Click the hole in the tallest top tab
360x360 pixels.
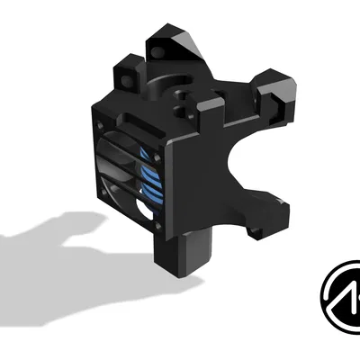tap(163, 43)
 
